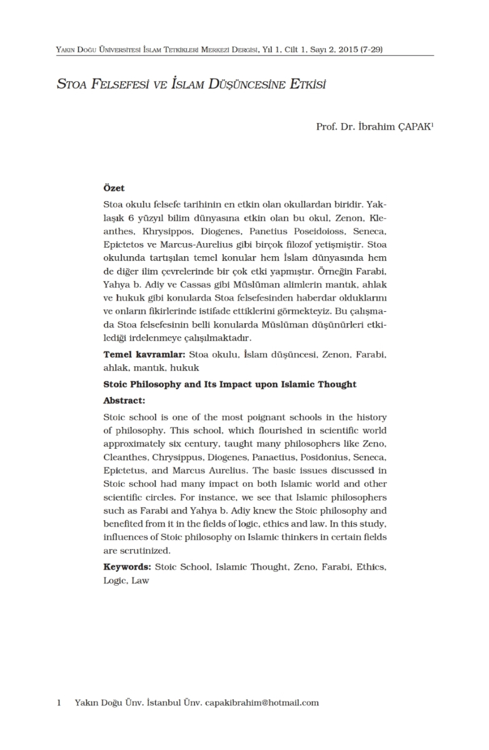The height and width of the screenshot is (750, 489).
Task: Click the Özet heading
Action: click(x=113, y=187)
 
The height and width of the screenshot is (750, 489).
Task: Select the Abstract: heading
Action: click(x=124, y=400)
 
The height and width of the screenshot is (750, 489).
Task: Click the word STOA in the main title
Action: click(x=70, y=83)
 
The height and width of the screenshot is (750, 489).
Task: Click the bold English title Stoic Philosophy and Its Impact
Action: click(x=229, y=384)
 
